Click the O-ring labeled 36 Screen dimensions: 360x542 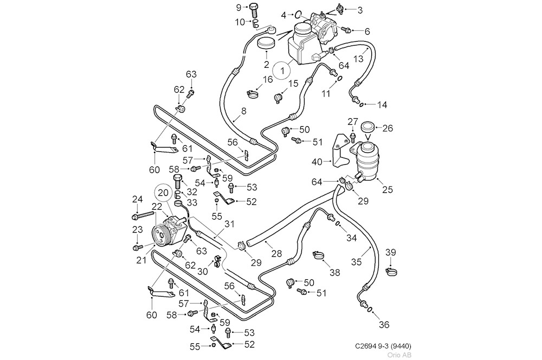point(369,311)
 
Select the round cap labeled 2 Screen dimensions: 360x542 point(266,43)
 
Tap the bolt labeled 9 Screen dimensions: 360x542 point(254,8)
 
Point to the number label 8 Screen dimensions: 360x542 point(243,111)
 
